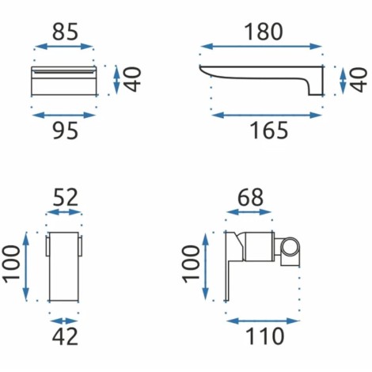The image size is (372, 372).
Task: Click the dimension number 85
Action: click(x=65, y=32)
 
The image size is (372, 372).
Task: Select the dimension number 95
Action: click(x=65, y=131)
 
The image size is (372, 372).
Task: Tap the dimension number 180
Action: click(x=264, y=32)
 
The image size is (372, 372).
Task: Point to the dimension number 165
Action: click(x=268, y=131)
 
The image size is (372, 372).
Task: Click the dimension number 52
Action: click(x=65, y=197)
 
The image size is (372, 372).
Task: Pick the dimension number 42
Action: click(x=65, y=336)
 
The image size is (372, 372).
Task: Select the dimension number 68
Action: click(x=250, y=197)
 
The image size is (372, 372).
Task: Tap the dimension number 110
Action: click(x=264, y=336)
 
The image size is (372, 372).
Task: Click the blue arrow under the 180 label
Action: click(x=260, y=47)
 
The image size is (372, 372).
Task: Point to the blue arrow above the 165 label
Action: click(x=267, y=116)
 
